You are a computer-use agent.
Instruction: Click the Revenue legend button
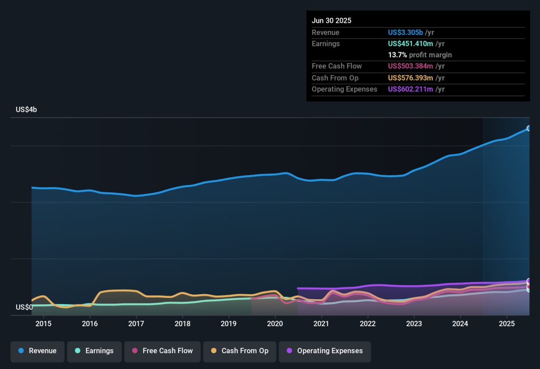tap(38, 351)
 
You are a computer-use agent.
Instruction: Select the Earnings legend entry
tap(94, 351)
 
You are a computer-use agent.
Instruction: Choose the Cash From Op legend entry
tap(239, 351)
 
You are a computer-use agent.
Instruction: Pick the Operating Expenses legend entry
tap(324, 351)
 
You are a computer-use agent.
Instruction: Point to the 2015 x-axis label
tap(44, 323)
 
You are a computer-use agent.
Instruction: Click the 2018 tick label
tap(182, 323)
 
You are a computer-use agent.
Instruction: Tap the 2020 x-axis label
tap(275, 323)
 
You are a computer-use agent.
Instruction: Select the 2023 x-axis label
tap(414, 323)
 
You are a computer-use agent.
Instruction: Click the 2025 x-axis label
tap(507, 323)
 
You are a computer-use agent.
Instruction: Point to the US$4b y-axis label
tap(26, 109)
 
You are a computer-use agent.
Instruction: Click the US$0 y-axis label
tap(24, 307)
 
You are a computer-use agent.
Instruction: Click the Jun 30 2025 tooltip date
tap(332, 21)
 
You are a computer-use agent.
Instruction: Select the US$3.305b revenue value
tap(405, 32)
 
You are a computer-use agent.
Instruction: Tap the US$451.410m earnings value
tap(410, 44)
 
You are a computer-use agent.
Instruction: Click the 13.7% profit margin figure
tap(397, 55)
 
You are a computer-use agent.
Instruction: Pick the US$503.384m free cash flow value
tap(410, 66)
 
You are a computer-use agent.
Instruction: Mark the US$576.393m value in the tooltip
tap(410, 78)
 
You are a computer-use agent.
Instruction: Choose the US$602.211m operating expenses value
tap(410, 89)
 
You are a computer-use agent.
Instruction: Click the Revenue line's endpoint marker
tap(529, 128)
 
